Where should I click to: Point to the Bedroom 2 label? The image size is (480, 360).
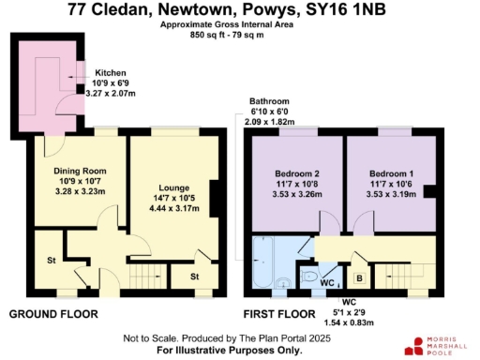(297, 174)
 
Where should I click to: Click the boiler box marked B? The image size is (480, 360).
(358, 278)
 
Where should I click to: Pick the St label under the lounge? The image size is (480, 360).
(194, 277)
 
